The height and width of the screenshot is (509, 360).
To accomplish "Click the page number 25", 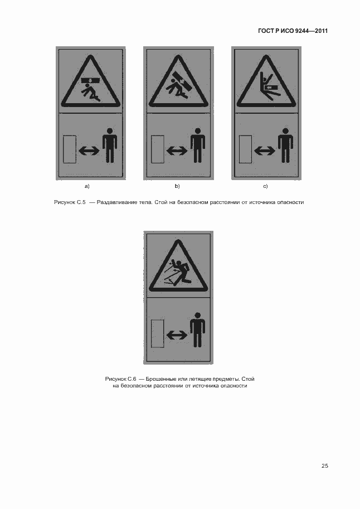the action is [x=325, y=466].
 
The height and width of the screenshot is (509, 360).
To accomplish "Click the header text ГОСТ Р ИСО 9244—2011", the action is [x=293, y=31].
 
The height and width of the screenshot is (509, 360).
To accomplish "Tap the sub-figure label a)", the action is [x=87, y=186].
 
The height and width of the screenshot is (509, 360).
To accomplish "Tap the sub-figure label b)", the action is [x=177, y=186].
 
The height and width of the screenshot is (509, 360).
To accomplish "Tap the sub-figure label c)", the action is [x=265, y=186].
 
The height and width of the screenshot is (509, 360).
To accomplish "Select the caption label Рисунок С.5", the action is [x=70, y=202].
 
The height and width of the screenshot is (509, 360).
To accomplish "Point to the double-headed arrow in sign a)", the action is [x=89, y=151].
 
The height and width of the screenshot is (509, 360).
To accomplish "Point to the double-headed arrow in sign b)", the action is [x=177, y=151].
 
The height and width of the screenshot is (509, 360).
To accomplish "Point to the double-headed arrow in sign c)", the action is [x=265, y=151].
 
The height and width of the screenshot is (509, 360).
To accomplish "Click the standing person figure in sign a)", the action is [x=110, y=145].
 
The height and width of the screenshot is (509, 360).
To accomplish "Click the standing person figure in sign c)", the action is [x=285, y=145].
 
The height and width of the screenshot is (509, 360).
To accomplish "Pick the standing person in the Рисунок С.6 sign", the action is [x=197, y=329].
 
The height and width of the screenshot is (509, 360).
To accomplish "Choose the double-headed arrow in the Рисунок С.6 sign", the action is [x=177, y=335].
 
